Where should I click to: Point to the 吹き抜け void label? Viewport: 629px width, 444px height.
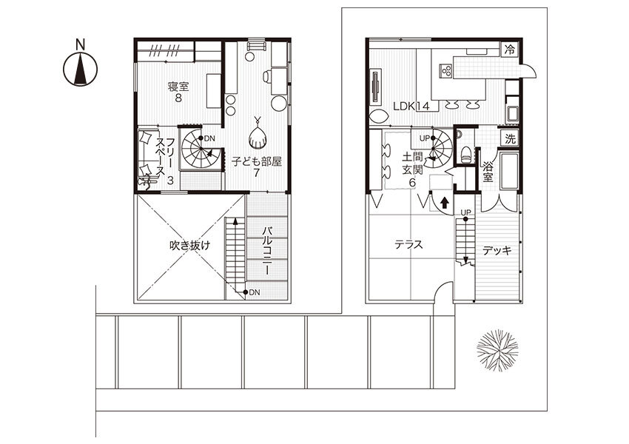click(189, 245)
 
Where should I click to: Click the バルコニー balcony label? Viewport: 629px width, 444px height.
click(268, 251)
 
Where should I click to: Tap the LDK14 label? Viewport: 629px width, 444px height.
click(411, 107)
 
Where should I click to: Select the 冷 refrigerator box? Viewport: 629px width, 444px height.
click(510, 50)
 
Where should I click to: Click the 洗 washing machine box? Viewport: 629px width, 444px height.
click(510, 139)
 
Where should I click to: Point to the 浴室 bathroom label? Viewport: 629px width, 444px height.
click(488, 171)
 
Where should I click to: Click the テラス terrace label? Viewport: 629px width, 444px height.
click(408, 244)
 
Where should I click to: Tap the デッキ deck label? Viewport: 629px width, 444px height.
click(497, 251)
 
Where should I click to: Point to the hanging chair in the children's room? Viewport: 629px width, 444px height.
click(258, 135)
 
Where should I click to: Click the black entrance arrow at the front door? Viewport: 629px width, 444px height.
click(444, 203)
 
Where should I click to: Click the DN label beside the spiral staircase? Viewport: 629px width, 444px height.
click(210, 138)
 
